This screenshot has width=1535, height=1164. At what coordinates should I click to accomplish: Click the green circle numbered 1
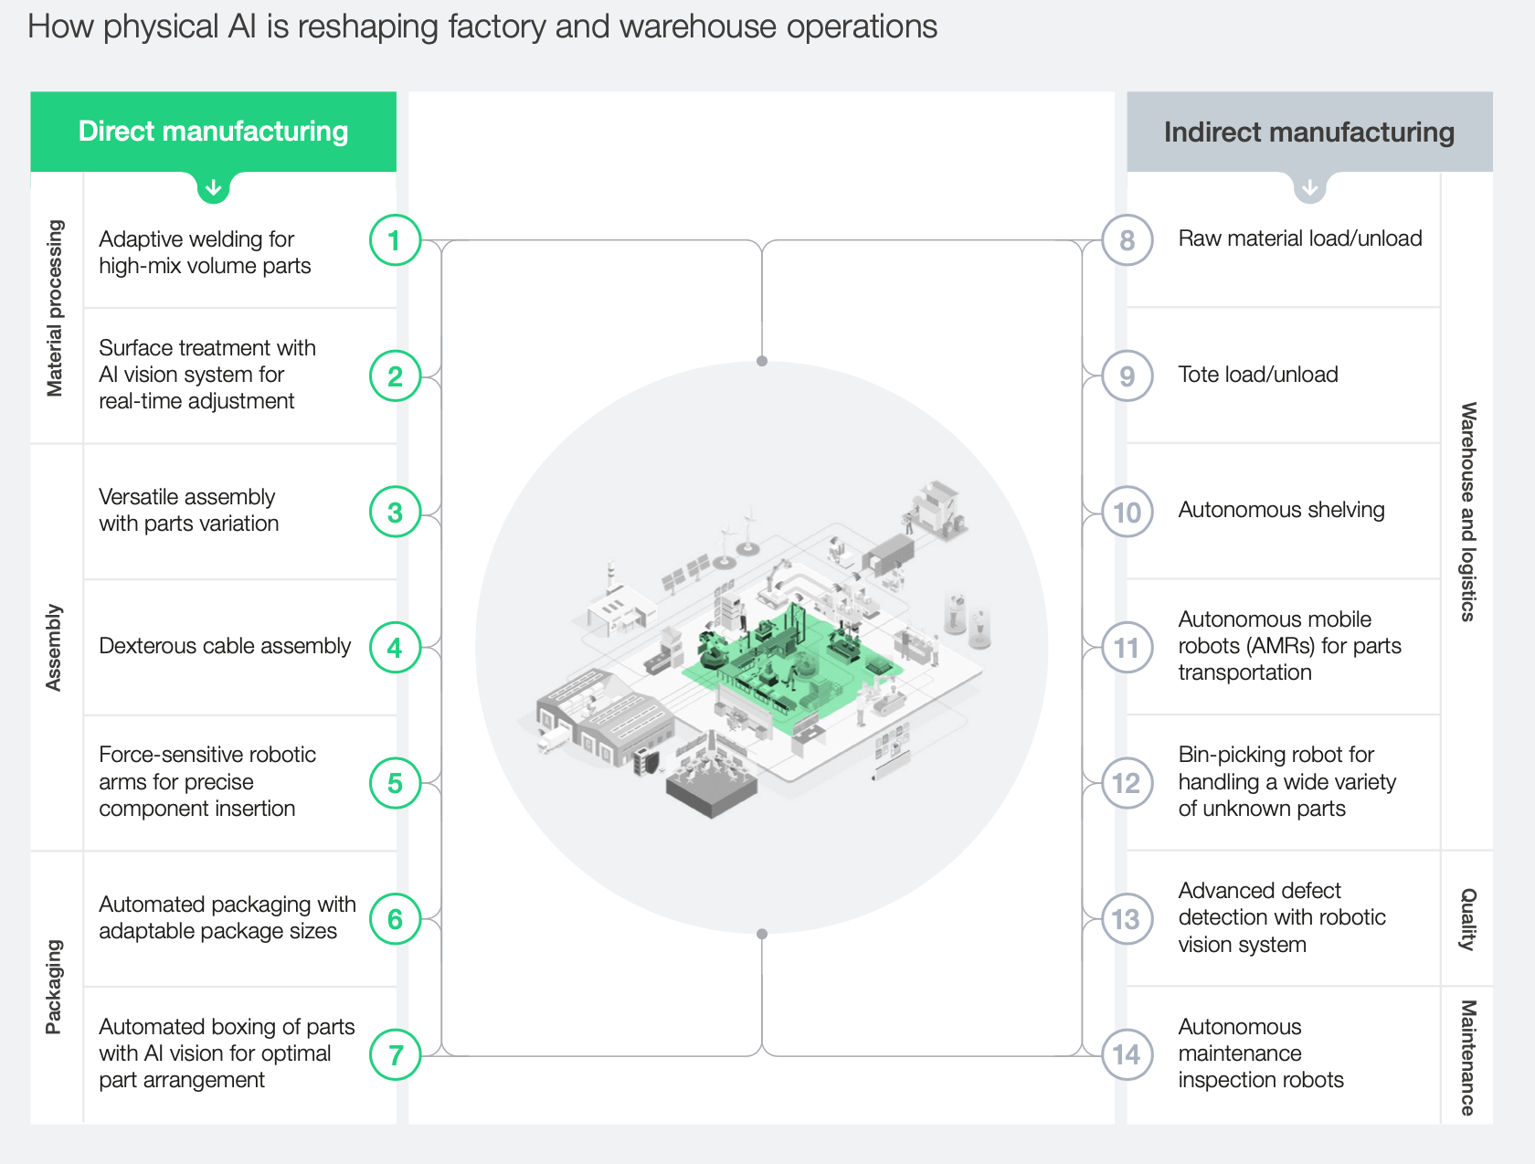(x=395, y=240)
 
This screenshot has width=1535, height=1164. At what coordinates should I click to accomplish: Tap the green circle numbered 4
(x=395, y=648)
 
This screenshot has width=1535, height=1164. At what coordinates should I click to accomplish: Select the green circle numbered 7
(x=395, y=1055)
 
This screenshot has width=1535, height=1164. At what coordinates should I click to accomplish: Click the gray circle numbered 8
(x=1127, y=240)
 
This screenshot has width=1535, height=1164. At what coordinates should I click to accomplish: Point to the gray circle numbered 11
(x=1127, y=648)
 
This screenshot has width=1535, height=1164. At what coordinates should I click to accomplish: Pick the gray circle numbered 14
(x=1127, y=1055)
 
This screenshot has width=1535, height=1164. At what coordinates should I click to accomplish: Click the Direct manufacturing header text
(x=213, y=132)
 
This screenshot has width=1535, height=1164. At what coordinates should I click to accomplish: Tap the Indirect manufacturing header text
(x=1308, y=132)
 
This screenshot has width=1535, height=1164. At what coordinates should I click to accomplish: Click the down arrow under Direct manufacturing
(x=214, y=188)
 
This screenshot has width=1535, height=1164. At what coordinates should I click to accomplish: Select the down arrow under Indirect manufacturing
(x=1310, y=188)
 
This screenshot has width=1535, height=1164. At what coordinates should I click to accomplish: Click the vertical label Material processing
(x=55, y=308)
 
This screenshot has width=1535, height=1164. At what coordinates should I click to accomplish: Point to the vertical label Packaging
(x=55, y=987)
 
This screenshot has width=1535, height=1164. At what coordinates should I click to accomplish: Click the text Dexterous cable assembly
(x=225, y=646)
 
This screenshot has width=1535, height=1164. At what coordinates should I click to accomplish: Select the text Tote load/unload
(x=1258, y=375)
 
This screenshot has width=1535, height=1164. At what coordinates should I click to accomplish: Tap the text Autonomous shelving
(x=1281, y=510)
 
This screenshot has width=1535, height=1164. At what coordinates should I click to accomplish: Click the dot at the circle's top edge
(x=762, y=361)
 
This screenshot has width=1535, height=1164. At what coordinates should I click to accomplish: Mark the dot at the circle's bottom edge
(x=762, y=934)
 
